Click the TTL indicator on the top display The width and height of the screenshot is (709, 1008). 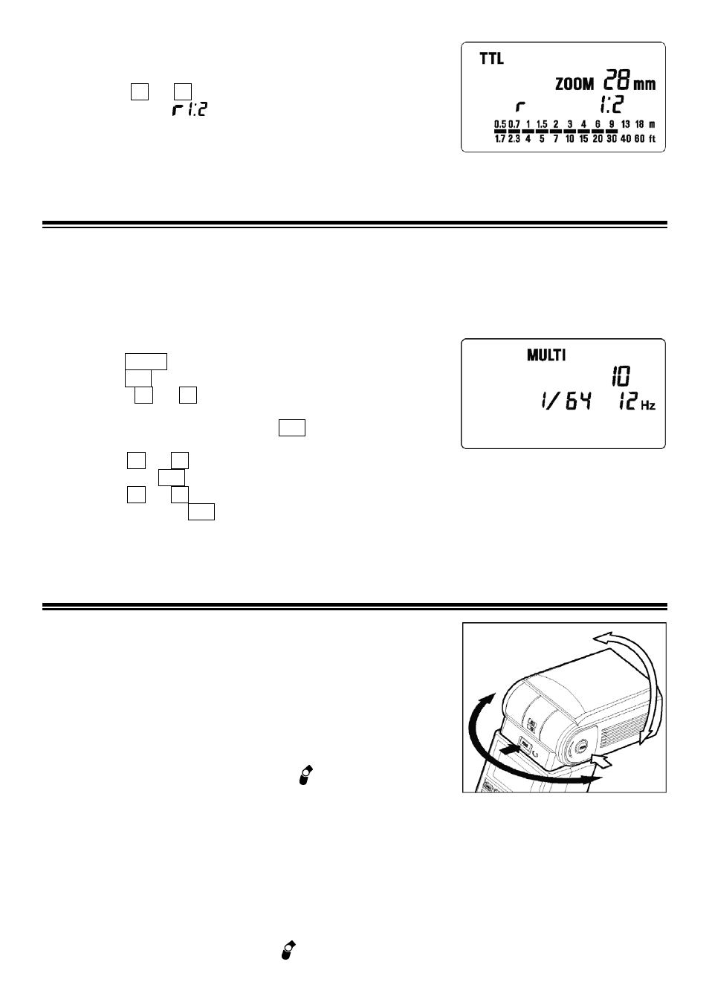tap(492, 59)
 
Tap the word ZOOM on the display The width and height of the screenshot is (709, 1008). tap(574, 84)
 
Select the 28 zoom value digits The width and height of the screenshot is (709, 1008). tap(617, 80)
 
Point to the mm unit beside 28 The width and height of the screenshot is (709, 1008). tap(644, 85)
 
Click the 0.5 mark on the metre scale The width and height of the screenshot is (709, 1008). tap(500, 124)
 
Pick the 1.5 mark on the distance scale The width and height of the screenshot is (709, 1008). tap(542, 124)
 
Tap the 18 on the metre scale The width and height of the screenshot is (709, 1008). tap(639, 124)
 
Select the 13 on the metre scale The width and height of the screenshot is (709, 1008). tap(625, 124)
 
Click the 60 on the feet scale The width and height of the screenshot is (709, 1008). tap(639, 139)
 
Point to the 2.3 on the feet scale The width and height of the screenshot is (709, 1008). tap(514, 139)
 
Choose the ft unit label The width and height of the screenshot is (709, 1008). tap(652, 139)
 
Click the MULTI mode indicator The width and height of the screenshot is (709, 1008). tap(546, 355)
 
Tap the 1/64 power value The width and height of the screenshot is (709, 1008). tap(566, 401)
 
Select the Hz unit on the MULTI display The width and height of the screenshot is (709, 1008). tap(648, 405)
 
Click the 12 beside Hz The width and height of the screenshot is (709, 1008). tap(627, 401)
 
